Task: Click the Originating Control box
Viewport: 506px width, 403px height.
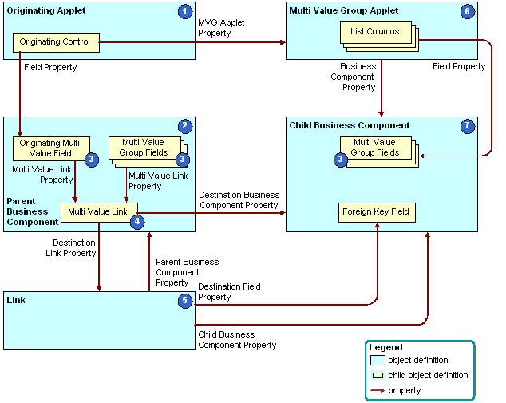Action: pos(55,41)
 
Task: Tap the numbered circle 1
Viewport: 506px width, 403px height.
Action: pos(185,12)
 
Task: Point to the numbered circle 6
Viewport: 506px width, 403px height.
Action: pos(468,12)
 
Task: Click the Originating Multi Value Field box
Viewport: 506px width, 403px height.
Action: pos(50,148)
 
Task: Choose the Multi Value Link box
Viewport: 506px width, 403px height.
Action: pos(97,211)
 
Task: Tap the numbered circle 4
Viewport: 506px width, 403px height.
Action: pos(136,221)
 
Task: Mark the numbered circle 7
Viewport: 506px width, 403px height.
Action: pos(468,126)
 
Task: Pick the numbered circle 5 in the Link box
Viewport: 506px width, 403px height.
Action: pos(185,301)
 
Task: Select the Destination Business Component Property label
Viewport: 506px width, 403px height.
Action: pos(239,200)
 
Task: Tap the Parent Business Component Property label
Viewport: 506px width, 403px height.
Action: pos(186,272)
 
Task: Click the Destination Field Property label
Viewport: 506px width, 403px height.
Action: pos(229,291)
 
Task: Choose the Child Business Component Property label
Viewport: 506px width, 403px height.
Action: pos(237,339)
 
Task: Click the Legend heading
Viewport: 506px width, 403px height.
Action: pos(385,347)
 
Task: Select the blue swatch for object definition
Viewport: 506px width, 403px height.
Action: pos(378,360)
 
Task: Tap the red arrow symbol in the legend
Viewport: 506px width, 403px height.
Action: pos(377,389)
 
